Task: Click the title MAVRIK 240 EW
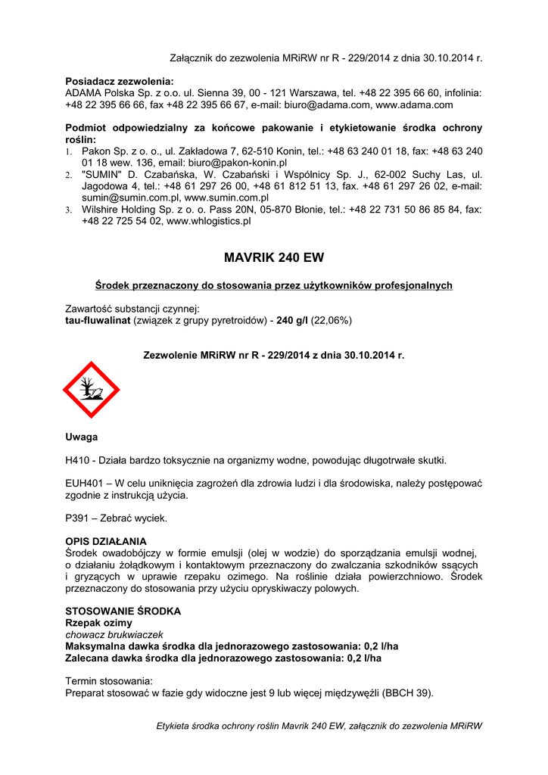tap(274, 257)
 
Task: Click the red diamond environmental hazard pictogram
tap(91, 390)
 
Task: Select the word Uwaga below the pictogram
tap(81, 437)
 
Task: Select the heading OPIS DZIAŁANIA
tap(106, 541)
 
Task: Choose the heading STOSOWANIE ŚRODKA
tap(123, 611)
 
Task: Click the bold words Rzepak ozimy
tap(98, 622)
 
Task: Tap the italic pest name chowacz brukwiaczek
tap(114, 634)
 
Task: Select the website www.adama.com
tap(414, 105)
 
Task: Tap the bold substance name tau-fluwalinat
tap(98, 320)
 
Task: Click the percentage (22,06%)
tap(329, 320)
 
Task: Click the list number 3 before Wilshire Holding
tap(68, 210)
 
